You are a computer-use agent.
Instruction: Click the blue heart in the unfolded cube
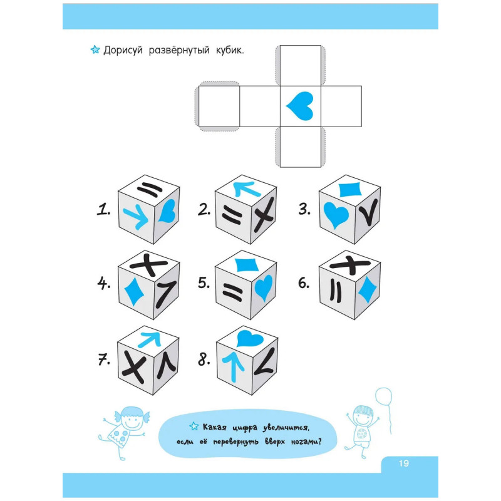click(300, 106)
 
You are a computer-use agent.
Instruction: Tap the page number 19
click(403, 463)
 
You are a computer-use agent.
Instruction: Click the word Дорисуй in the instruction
click(123, 51)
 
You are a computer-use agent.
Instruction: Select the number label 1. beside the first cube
click(103, 210)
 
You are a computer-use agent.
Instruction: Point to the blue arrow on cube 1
click(136, 216)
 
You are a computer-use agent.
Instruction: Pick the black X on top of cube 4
click(149, 264)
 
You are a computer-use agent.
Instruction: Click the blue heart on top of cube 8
click(250, 338)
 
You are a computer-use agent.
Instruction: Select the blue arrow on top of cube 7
click(149, 339)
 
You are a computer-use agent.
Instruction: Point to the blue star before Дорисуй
click(95, 50)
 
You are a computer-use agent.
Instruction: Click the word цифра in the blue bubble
click(245, 428)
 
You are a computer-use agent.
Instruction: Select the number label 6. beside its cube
click(304, 283)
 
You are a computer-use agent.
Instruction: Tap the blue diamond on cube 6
click(367, 289)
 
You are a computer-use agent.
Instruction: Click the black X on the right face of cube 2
click(264, 214)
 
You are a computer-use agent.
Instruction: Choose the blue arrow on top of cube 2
click(247, 189)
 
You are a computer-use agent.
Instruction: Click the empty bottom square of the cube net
click(301, 147)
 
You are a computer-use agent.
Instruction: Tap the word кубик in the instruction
click(230, 51)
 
